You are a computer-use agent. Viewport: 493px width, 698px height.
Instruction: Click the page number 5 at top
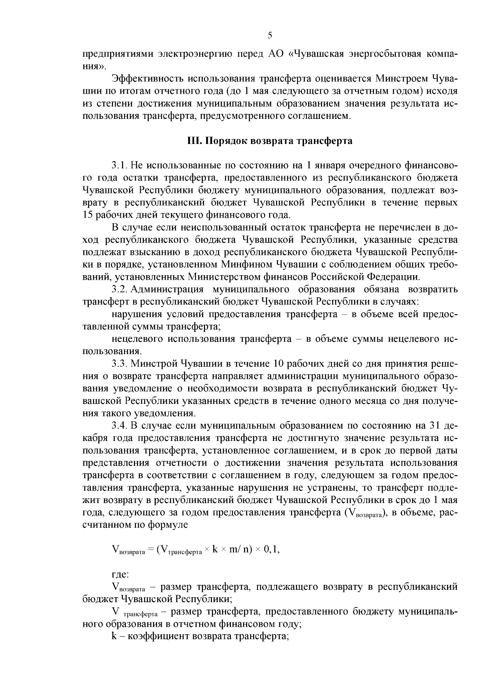(x=270, y=35)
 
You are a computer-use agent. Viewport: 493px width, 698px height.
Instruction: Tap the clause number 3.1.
(x=120, y=166)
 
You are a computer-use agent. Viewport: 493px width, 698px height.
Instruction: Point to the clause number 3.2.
(x=120, y=290)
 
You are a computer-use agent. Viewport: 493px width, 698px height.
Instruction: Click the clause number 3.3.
(x=120, y=364)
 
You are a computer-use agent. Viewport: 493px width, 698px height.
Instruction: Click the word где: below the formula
(x=120, y=574)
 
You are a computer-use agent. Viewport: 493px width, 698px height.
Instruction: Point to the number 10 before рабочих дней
(x=275, y=364)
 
